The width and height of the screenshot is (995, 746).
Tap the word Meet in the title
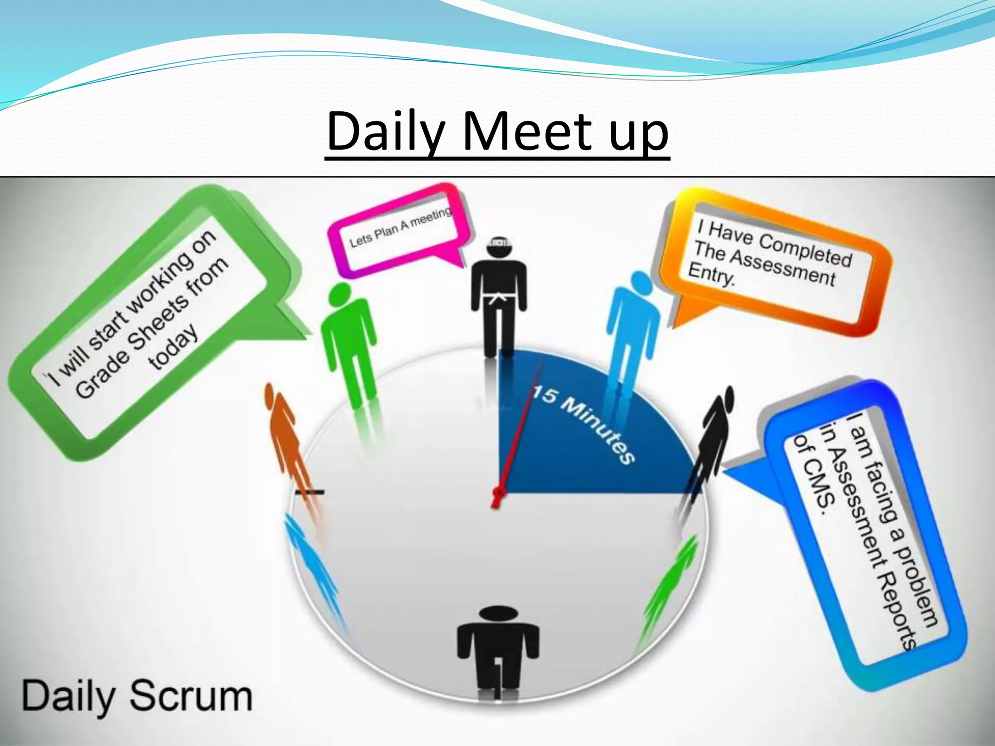pos(527,131)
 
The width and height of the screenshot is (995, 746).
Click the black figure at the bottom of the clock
pos(497,651)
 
